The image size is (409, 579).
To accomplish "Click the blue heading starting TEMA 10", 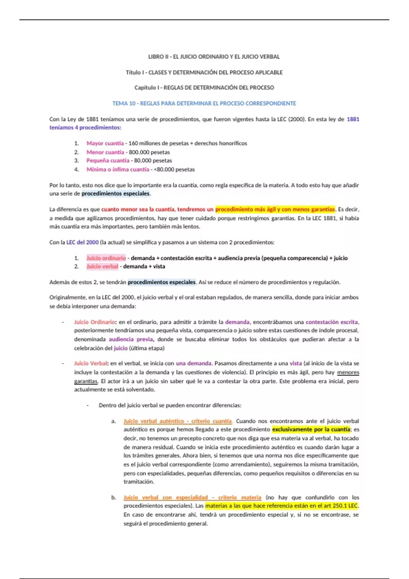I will [204, 103].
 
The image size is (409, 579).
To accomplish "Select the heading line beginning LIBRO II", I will [214, 57].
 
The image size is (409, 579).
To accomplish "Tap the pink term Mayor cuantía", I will [105, 143].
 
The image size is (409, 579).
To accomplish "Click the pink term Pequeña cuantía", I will [108, 160].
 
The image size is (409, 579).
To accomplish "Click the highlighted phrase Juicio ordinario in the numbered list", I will [106, 258].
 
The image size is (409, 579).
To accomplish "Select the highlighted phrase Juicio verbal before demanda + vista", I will [102, 266].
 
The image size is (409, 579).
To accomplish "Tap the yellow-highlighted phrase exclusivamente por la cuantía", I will [311, 429].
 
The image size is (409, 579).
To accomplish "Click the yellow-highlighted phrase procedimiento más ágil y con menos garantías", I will [275, 209].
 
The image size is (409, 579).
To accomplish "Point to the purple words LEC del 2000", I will [82, 242].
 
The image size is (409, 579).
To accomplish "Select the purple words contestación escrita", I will [332, 322].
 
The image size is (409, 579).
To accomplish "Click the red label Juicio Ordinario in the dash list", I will [94, 322].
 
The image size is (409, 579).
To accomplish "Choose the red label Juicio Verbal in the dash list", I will [91, 363].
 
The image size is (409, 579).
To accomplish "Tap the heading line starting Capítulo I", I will [204, 88].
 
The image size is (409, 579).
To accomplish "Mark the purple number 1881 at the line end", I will [353, 119].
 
